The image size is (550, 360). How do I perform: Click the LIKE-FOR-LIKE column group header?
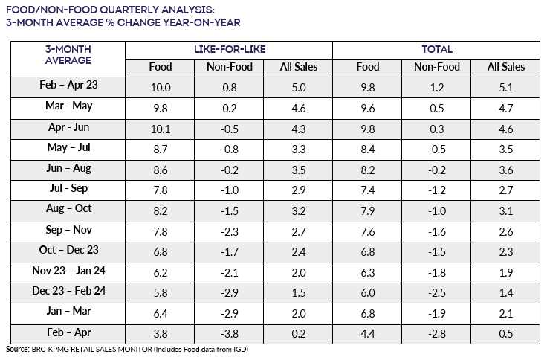(228, 50)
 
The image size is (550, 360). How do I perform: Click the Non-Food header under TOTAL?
(436, 67)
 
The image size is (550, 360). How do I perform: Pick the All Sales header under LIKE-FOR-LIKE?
(298, 67)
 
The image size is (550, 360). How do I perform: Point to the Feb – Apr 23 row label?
(69, 85)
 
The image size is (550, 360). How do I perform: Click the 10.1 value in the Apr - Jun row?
(161, 126)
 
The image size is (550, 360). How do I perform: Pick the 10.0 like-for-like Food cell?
(161, 86)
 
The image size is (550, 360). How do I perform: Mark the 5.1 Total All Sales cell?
(505, 86)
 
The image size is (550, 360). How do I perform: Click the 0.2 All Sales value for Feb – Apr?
(298, 334)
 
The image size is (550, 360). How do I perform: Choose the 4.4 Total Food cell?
(367, 334)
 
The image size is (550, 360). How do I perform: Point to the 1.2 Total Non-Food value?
(436, 86)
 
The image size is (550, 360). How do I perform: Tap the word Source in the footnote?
(18, 348)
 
